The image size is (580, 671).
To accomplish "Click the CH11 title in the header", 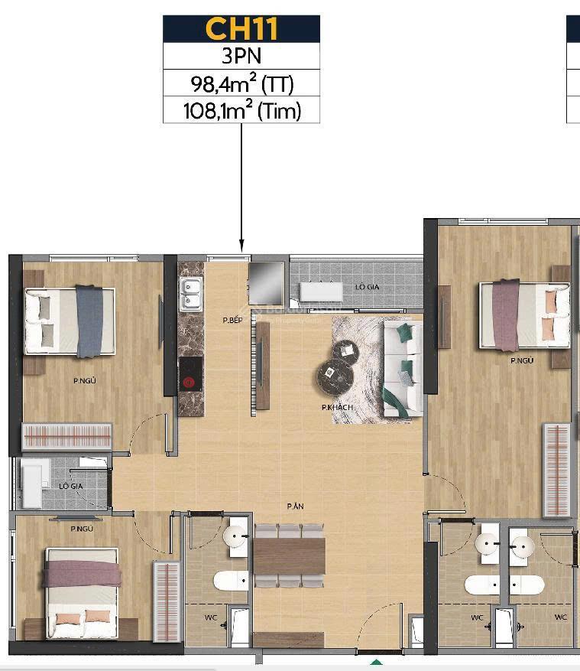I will [x=241, y=29].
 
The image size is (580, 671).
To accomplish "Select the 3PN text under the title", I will [x=241, y=56].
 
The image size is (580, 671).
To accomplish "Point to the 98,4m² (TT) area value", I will [x=241, y=83].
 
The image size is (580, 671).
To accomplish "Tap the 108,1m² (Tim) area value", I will [x=241, y=110].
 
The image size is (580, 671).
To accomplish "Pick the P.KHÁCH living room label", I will [x=337, y=408].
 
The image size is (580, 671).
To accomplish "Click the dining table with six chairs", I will [x=290, y=555].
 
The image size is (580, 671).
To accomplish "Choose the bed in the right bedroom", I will [x=524, y=314].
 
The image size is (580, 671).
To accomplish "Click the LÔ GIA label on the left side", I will [x=71, y=486].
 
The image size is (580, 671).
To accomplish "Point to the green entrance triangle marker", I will [x=375, y=663].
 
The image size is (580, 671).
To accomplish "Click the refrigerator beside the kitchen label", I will [x=266, y=283].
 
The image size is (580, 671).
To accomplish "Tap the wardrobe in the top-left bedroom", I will [x=67, y=437].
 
